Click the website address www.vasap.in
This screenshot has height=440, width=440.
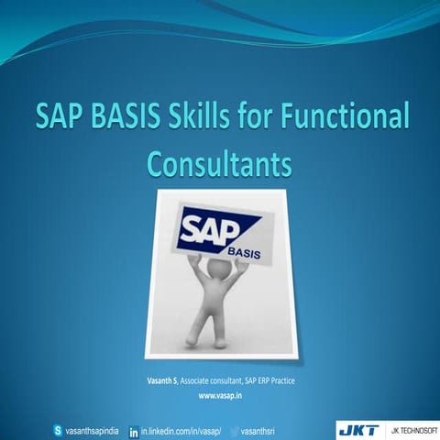pyautogui.click(x=220, y=396)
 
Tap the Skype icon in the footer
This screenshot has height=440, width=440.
pyautogui.click(x=60, y=428)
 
